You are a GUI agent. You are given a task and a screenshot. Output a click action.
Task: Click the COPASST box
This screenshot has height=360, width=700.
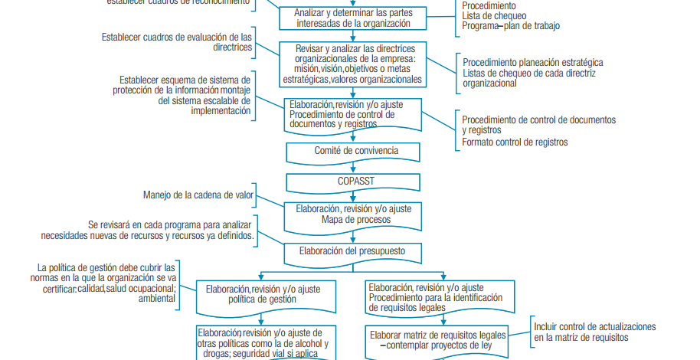pos(354,182)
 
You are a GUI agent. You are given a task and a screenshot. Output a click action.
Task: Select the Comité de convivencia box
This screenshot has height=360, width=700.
pos(354,151)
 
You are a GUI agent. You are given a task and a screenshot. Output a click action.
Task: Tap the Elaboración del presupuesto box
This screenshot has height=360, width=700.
pos(354,250)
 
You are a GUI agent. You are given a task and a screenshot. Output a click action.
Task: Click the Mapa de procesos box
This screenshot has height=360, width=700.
pos(354,214)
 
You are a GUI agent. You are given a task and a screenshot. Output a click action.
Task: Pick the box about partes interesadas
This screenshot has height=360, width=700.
pos(354,18)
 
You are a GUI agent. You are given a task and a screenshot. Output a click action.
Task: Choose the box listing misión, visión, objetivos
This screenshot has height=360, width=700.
pos(354,64)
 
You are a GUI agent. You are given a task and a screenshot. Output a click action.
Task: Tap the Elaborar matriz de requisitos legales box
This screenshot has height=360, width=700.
pos(437,339)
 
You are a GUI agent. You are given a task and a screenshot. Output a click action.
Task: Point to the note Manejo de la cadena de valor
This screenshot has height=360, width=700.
pos(198,195)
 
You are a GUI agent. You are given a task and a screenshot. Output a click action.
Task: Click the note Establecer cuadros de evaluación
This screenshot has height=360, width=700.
pos(177,41)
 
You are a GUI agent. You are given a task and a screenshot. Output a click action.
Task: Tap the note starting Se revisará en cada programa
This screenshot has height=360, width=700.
pos(147,231)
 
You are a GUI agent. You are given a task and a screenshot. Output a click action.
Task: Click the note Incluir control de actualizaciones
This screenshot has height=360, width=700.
pos(594,332)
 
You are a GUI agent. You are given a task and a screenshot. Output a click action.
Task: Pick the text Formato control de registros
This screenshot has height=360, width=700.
pos(515,142)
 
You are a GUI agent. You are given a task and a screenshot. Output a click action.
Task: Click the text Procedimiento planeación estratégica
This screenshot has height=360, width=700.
pos(532,62)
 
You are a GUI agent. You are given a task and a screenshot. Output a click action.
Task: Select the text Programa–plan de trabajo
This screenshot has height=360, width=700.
pos(510,25)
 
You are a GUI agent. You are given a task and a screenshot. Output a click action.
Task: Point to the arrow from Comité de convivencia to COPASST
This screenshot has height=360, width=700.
pos(353,168)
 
